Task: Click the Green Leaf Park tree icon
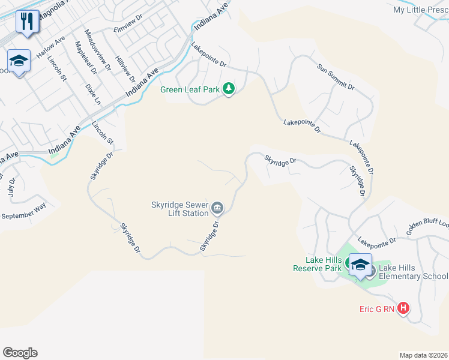[x=228, y=89]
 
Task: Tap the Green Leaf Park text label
[x=190, y=90]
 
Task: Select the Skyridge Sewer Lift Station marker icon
[x=217, y=208]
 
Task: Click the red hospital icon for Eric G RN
[x=403, y=308]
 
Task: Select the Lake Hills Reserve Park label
[x=317, y=264]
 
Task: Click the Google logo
[x=20, y=353]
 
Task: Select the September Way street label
[x=24, y=211]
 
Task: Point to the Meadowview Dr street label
[x=98, y=50]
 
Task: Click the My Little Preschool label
[x=420, y=10]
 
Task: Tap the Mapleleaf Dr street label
[x=85, y=58]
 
